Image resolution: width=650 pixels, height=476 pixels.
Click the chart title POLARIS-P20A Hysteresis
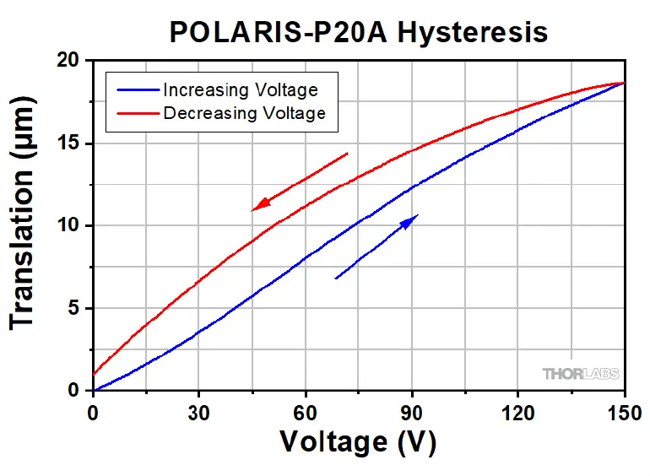(358, 31)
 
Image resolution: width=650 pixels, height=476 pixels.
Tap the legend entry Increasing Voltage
(240, 89)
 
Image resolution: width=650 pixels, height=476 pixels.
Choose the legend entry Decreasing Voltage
(244, 112)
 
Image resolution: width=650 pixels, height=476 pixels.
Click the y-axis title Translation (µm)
(24, 225)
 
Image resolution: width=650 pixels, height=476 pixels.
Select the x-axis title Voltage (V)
(358, 441)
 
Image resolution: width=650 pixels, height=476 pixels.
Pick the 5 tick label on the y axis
(74, 309)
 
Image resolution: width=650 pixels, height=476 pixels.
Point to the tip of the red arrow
(252, 210)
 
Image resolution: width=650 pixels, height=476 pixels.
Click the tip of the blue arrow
(418, 215)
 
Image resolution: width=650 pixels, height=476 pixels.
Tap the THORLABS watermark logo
(580, 373)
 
